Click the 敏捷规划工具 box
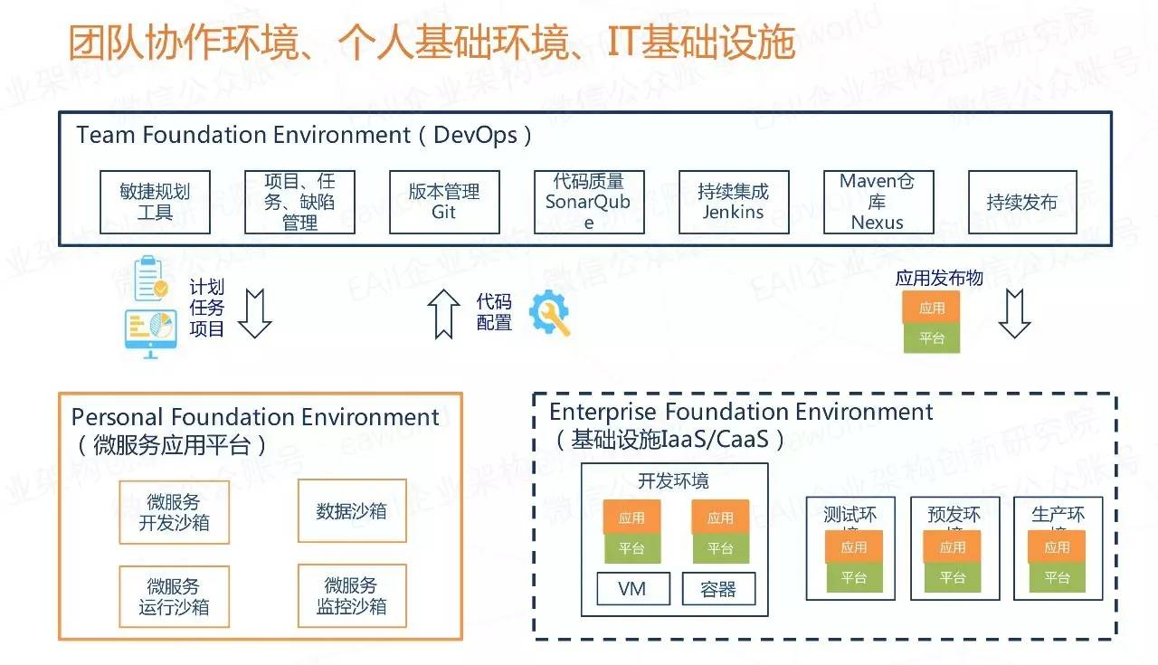(155, 202)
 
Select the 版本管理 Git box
(443, 202)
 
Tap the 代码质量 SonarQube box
(588, 202)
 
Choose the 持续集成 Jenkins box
(733, 202)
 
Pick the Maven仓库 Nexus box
(878, 202)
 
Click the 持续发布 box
(1022, 202)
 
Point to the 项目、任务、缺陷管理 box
(299, 202)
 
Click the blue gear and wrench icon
(549, 313)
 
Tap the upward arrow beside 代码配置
(443, 313)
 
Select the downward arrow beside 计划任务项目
(254, 313)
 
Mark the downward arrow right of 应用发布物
(1014, 313)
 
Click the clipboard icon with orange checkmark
(150, 279)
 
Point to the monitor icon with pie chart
(150, 332)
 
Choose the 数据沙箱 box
(351, 511)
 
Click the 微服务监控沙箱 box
(351, 596)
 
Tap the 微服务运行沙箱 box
(174, 596)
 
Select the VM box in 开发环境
(632, 589)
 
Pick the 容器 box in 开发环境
(718, 589)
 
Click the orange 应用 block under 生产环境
(1057, 546)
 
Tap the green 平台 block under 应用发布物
(931, 338)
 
